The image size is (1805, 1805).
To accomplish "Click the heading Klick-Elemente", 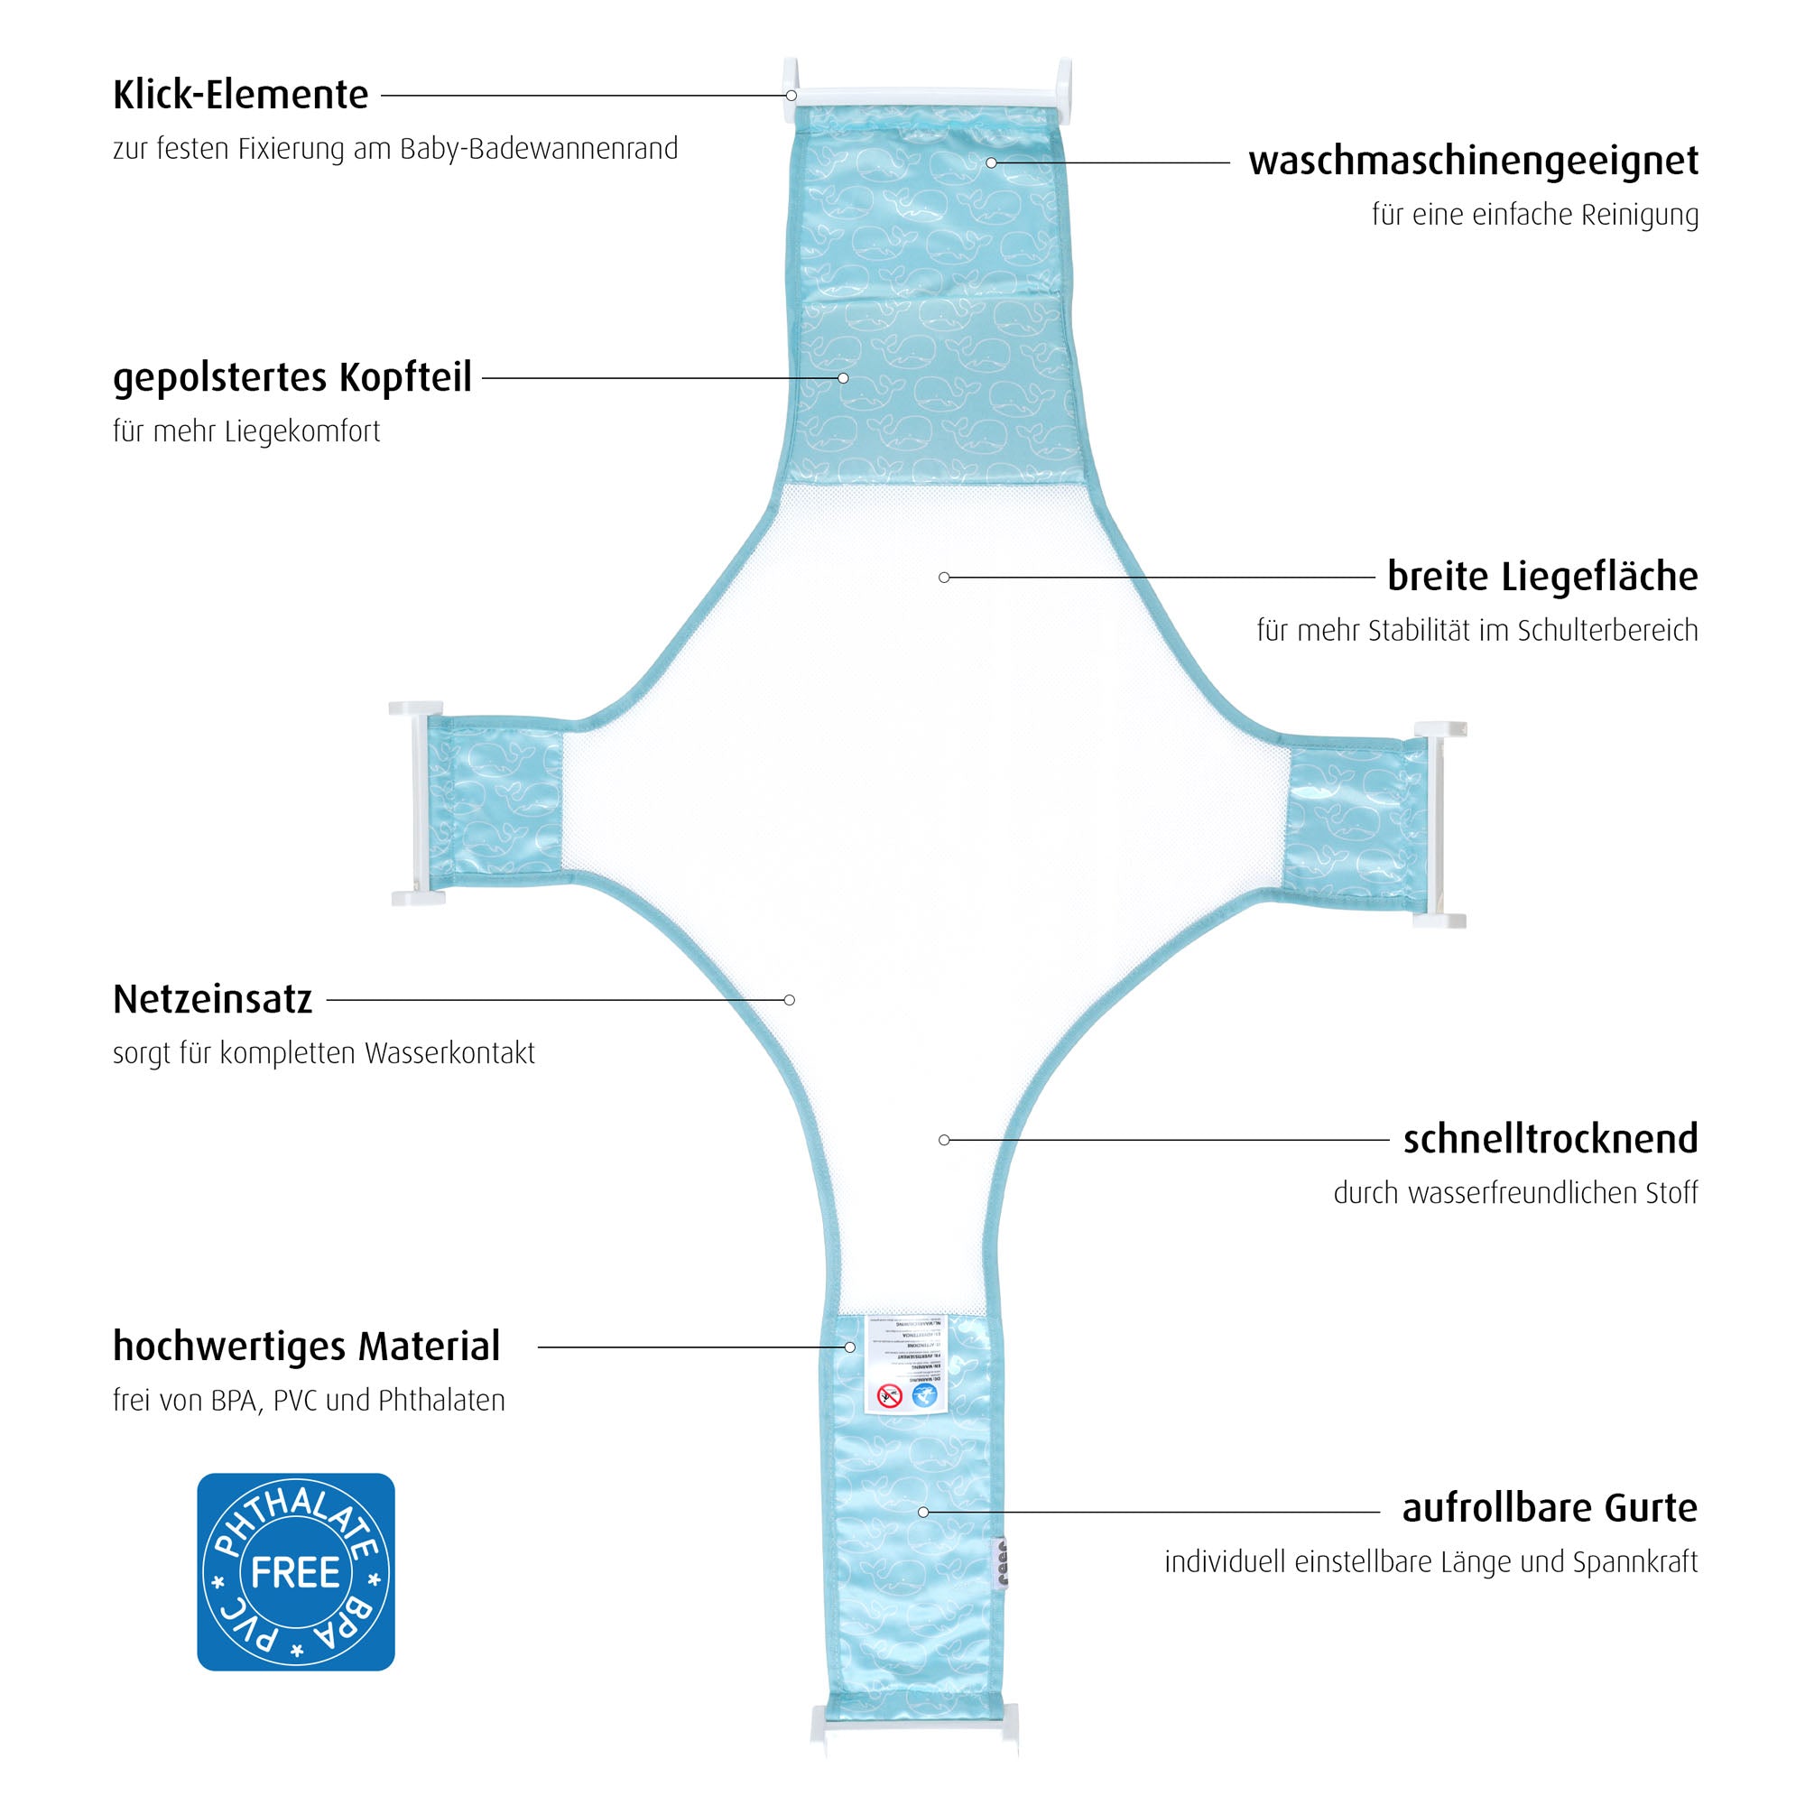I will pyautogui.click(x=240, y=96).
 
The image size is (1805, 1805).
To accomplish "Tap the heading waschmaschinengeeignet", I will pyautogui.click(x=1472, y=162).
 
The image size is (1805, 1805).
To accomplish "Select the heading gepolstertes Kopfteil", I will pyautogui.click(x=292, y=378).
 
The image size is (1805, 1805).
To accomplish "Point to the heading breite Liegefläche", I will pyautogui.click(x=1541, y=577).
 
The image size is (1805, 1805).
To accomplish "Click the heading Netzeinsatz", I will pyautogui.click(x=212, y=1000).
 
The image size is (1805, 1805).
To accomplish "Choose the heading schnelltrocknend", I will pyautogui.click(x=1550, y=1139).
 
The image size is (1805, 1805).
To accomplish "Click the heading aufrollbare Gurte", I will pyautogui.click(x=1549, y=1508).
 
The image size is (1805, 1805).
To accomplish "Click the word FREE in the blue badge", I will pyautogui.click(x=295, y=1573).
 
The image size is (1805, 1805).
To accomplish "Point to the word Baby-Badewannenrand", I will pyautogui.click(x=539, y=150).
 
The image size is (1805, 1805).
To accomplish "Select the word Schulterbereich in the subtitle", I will pyautogui.click(x=1607, y=631).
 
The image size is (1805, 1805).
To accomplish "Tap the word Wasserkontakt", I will pyautogui.click(x=449, y=1054).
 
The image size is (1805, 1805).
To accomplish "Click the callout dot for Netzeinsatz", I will pyautogui.click(x=790, y=1000).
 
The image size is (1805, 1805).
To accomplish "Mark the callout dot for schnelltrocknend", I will pyautogui.click(x=945, y=1140).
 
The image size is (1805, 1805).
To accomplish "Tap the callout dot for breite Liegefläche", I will pyautogui.click(x=945, y=578).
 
